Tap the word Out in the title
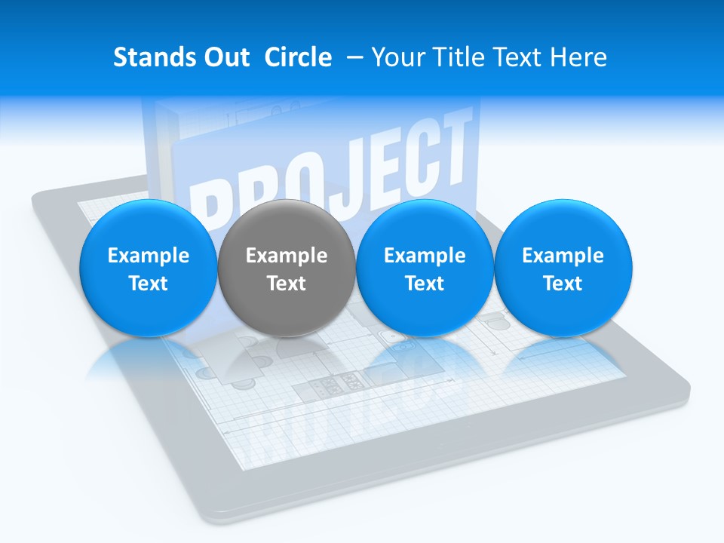click(225, 57)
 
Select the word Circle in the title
click(298, 57)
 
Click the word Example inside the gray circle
click(287, 256)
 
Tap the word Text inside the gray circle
click(287, 284)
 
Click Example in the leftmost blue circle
click(148, 256)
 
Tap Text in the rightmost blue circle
click(563, 284)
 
